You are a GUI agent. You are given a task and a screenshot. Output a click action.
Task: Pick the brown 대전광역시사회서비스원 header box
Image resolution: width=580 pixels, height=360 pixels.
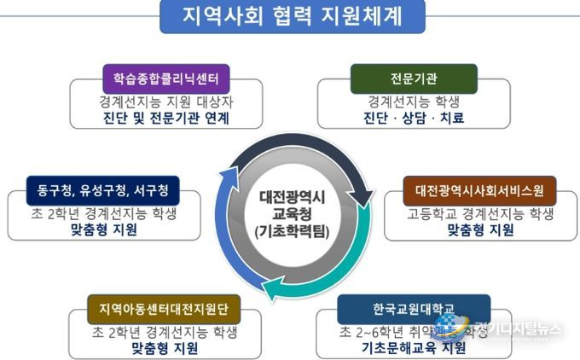tap(479, 188)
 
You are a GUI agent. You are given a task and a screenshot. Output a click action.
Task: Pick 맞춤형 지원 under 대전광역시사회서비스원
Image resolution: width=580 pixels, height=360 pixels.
tap(480, 229)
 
